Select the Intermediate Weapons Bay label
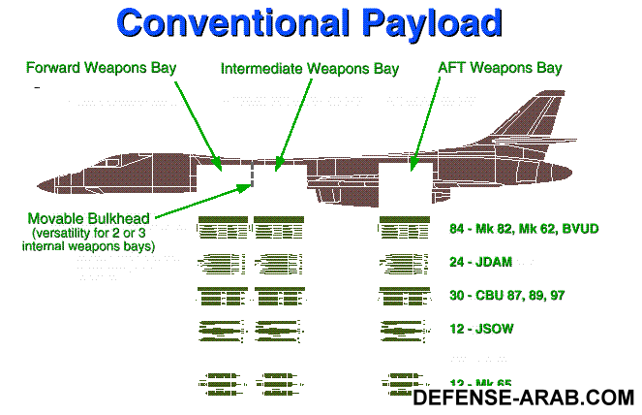click(296, 70)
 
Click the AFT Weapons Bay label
click(500, 69)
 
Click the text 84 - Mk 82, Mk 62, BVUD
click(524, 229)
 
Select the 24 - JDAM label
click(479, 262)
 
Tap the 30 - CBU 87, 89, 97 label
click(507, 296)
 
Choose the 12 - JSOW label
click(481, 329)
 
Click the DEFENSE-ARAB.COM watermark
click(524, 397)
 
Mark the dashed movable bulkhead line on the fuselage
click(253, 176)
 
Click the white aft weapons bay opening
click(405, 180)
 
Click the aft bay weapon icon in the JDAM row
click(401, 262)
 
